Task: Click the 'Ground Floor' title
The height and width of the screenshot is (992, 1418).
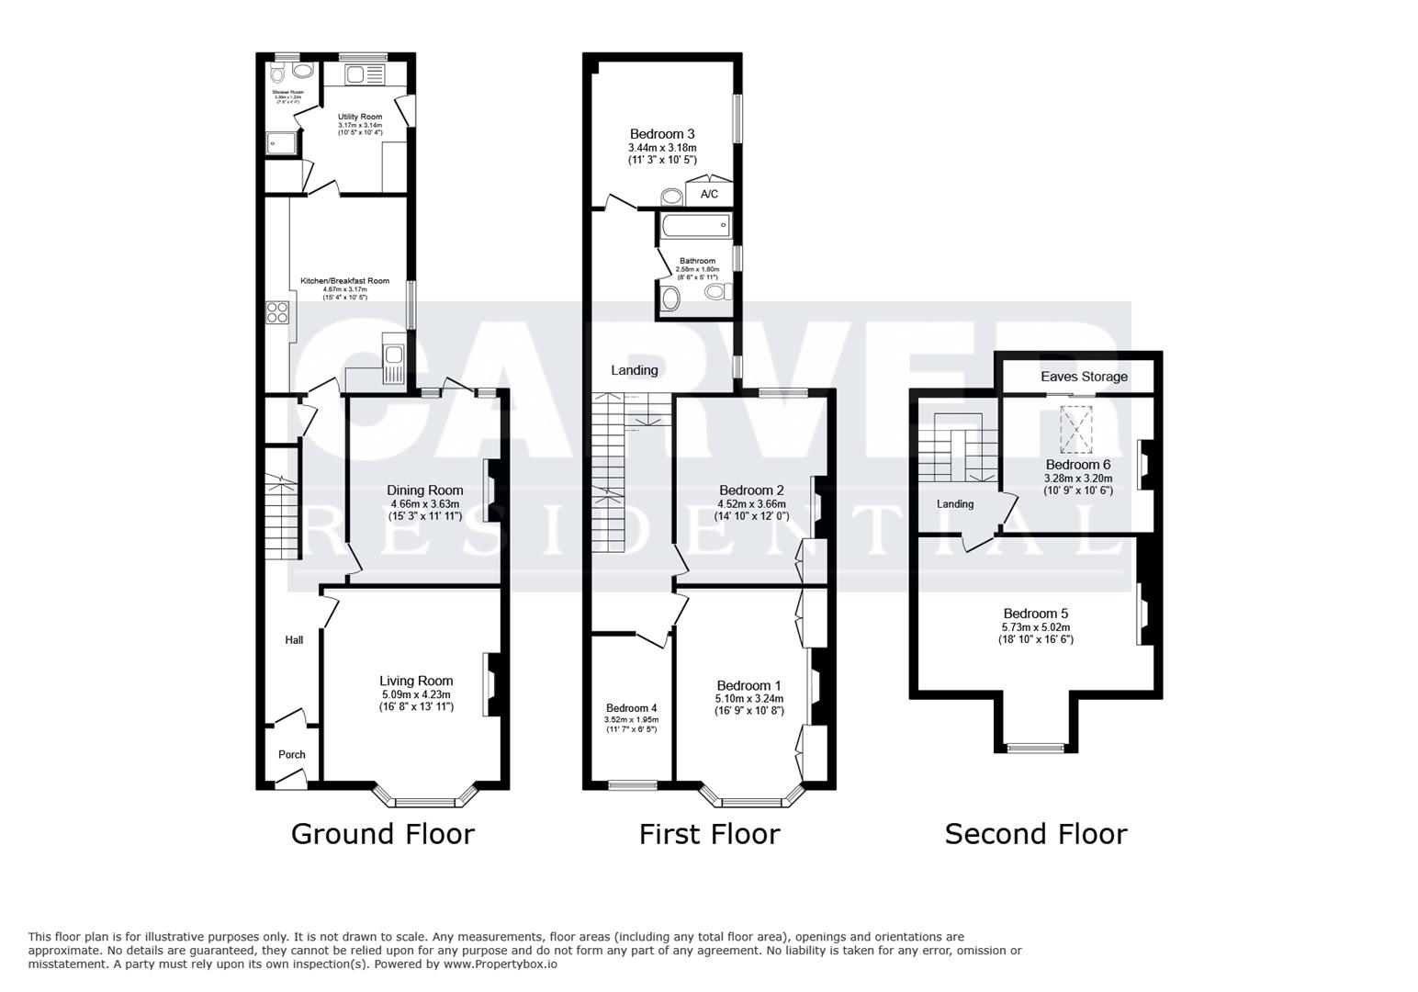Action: point(382,834)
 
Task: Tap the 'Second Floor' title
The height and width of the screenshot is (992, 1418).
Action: point(1035,834)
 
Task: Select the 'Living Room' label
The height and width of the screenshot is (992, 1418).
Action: point(416,681)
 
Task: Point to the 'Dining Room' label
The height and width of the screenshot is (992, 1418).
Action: point(424,490)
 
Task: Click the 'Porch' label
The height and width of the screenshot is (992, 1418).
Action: point(292,754)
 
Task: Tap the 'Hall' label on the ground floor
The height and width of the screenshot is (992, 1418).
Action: point(294,640)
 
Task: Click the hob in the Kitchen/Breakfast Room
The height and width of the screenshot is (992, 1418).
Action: point(277,313)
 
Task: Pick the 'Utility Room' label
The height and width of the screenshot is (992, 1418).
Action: point(360,117)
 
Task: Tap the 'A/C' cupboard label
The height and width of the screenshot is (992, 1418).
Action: point(709,195)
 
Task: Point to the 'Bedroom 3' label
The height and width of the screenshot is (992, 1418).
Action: point(662,134)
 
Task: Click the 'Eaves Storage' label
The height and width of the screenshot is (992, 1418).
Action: point(1084,377)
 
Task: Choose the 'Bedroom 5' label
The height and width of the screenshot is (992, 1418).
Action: point(1035,614)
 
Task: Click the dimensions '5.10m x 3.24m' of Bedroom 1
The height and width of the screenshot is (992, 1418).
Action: point(749,699)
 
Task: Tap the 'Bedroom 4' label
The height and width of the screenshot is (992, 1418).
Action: point(631,708)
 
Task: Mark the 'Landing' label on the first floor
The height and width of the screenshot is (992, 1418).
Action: point(635,370)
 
